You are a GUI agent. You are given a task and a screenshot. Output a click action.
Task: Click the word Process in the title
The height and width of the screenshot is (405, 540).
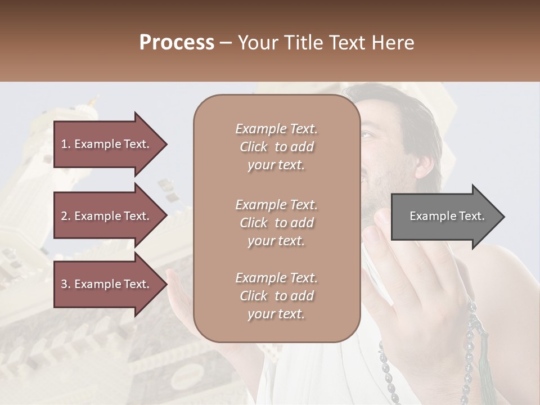177,43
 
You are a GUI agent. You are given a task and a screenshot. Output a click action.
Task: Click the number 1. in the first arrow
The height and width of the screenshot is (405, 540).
66,144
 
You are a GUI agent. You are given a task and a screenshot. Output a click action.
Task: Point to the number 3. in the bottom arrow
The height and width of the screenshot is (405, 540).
66,284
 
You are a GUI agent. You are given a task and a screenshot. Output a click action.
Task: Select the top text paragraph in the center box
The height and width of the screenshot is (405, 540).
276,147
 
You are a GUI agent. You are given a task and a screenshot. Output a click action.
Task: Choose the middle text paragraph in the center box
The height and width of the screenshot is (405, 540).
276,223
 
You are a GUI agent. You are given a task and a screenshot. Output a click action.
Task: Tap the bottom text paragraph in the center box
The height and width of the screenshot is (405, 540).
276,296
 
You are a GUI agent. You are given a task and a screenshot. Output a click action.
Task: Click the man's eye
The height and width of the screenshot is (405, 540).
367,136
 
